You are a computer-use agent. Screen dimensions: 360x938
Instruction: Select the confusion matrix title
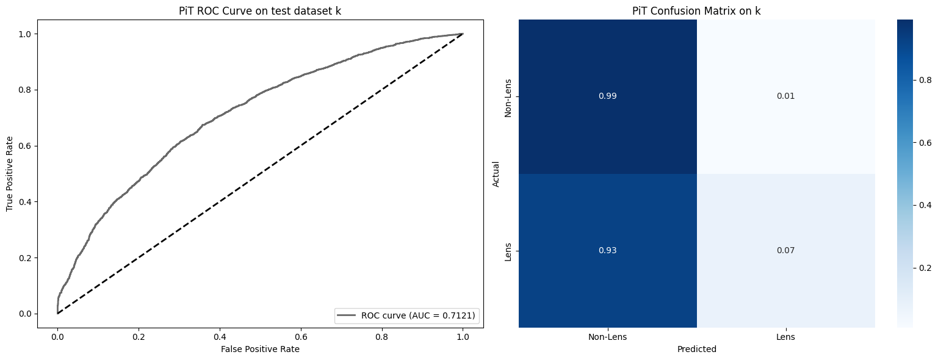click(696, 11)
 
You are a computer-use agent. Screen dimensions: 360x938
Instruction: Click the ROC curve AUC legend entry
click(406, 315)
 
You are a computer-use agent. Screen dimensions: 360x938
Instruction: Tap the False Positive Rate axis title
click(260, 349)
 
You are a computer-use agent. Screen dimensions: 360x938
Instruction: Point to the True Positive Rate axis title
click(10, 174)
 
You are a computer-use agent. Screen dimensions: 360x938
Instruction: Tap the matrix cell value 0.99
click(607, 96)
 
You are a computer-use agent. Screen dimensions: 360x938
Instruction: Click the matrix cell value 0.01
click(785, 96)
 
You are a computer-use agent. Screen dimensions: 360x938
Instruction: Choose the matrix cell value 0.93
click(607, 251)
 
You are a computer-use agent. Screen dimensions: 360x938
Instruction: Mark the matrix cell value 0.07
click(785, 251)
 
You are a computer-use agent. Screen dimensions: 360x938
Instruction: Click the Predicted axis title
click(696, 350)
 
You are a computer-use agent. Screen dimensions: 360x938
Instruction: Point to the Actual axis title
click(496, 174)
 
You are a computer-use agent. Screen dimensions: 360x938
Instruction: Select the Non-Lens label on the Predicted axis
click(607, 337)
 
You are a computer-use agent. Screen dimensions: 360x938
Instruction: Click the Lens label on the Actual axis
click(507, 251)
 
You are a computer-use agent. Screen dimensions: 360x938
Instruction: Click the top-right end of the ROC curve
click(463, 34)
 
